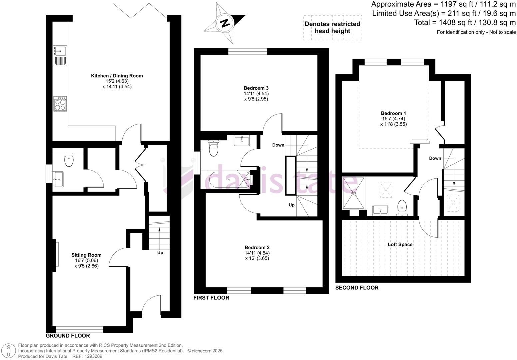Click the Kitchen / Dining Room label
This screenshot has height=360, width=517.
117,76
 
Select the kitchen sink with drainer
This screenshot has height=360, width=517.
60,55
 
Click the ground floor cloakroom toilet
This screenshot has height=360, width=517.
69,160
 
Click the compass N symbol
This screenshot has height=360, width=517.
225,23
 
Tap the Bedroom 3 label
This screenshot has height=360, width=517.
256,88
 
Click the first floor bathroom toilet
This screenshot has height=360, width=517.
213,148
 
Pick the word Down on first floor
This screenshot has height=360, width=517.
278,145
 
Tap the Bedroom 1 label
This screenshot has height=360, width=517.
393,113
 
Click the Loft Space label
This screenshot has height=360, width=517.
400,244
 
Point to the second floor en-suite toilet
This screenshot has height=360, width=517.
402,207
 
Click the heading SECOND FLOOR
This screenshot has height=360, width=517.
357,288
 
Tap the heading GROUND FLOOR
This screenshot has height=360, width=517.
68,336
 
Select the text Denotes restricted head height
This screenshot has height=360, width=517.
332,27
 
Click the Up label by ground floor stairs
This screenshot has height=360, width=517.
160,253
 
